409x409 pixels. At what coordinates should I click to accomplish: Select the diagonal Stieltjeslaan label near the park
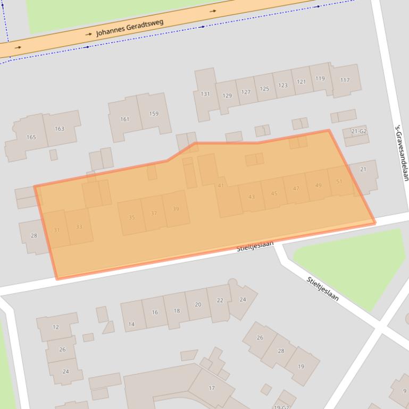tap(322, 289)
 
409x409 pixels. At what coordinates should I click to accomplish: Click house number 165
tap(31, 138)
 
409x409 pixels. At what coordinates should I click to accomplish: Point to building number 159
tap(154, 114)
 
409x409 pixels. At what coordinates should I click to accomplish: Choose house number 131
tap(205, 94)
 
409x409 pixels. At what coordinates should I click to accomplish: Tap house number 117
tap(345, 80)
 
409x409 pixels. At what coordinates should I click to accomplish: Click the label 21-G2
tap(359, 131)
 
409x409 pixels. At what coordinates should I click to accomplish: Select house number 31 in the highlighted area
tap(56, 230)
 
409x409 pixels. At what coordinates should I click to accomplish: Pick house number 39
tap(176, 209)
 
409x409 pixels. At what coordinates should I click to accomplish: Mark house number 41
tap(221, 185)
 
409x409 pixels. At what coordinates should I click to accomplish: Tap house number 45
tap(274, 193)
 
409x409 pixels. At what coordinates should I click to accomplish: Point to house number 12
tap(56, 327)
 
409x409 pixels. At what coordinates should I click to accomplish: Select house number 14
tap(131, 324)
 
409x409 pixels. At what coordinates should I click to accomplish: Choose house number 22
tap(220, 301)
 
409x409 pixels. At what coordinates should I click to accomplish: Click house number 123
tap(283, 86)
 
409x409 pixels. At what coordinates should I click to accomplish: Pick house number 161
tap(124, 119)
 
